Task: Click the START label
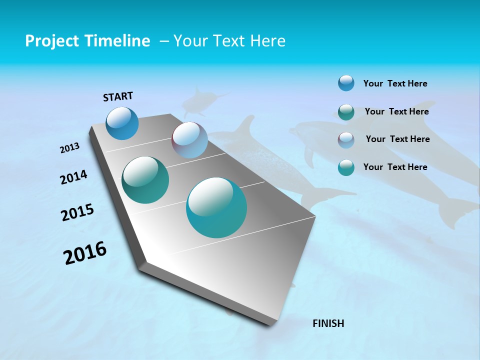click(118, 96)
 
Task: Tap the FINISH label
click(328, 323)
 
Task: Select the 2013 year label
click(69, 148)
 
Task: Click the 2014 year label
click(73, 177)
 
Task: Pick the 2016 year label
click(85, 253)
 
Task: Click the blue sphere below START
click(122, 123)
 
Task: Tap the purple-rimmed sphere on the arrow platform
click(189, 140)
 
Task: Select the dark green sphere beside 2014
click(145, 180)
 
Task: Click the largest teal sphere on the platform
click(216, 207)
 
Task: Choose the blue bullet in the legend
click(346, 83)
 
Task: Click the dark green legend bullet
click(346, 112)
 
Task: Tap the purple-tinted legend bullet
click(346, 140)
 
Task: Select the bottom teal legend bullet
click(346, 167)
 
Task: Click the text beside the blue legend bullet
click(395, 83)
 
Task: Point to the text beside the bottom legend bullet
click(395, 167)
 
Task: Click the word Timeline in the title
click(118, 41)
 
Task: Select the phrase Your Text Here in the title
click(229, 41)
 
